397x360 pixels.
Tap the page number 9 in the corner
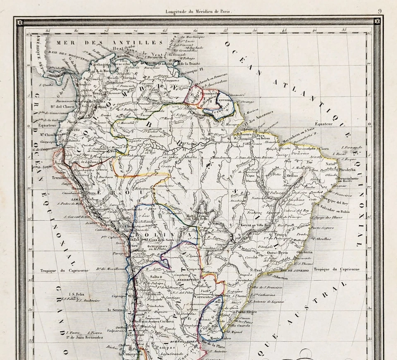[379, 12]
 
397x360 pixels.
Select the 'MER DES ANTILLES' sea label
[110, 43]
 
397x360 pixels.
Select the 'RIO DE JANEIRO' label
[295, 270]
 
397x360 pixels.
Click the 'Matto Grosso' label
[196, 216]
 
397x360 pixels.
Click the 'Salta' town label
[154, 277]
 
